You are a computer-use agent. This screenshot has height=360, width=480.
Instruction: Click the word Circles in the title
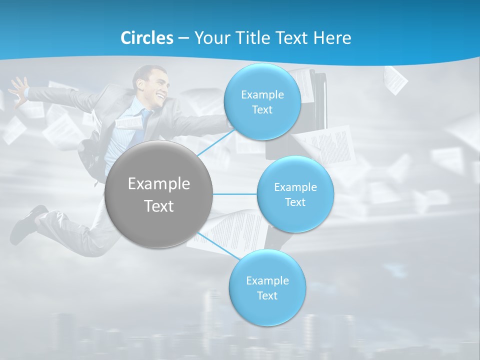coord(146,38)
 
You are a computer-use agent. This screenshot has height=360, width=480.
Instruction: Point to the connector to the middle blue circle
coord(235,194)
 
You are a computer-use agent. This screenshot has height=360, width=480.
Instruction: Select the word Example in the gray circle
coord(158,183)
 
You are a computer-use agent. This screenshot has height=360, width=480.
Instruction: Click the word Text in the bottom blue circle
coord(267,295)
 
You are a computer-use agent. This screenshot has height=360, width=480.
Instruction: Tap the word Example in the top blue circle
coord(262,94)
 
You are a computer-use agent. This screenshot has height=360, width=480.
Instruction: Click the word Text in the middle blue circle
coord(295,202)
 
